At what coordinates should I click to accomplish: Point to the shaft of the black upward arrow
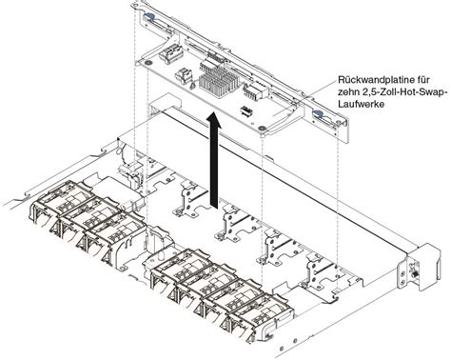[216, 167]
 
